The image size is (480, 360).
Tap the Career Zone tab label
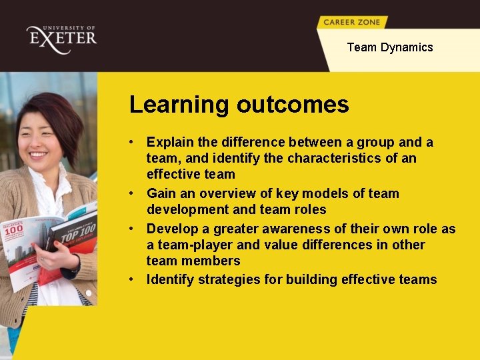[351, 22]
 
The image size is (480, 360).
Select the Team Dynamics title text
[390, 47]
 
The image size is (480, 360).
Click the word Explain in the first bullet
[169, 142]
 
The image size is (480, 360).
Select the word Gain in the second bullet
[161, 194]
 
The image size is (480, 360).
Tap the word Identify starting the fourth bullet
[170, 279]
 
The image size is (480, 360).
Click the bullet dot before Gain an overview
[134, 194]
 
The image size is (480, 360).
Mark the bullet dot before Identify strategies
[134, 279]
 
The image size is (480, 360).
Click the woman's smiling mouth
[37, 154]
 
